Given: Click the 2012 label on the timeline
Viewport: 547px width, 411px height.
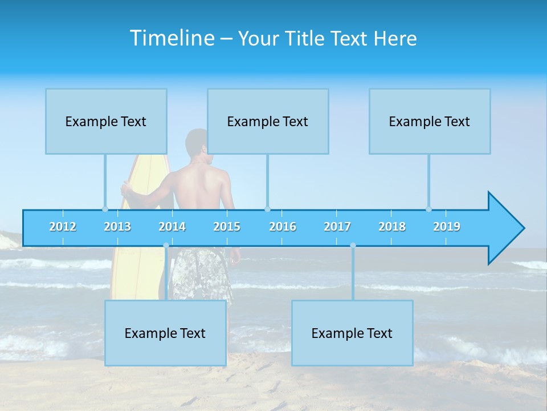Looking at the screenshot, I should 63,227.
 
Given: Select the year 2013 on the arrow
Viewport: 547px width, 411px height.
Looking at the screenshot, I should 117,227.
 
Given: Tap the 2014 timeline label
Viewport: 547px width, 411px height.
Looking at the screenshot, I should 172,227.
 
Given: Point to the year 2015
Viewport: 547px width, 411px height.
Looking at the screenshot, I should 227,227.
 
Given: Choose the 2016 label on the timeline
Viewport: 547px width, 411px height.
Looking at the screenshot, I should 283,227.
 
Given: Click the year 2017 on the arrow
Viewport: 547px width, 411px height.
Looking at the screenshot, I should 337,227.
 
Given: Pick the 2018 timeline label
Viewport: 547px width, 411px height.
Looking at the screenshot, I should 392,227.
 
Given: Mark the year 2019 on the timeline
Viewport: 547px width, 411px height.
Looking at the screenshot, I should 447,227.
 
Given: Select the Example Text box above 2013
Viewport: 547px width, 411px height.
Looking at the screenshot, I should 106,121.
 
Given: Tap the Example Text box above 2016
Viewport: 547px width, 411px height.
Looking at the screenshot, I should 268,121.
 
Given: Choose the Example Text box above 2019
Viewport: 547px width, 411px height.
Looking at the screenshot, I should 430,121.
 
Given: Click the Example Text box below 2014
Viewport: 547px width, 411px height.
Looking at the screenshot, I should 165,333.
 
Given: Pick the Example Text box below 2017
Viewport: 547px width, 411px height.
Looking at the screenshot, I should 352,333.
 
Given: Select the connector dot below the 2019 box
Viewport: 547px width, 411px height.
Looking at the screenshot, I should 428,209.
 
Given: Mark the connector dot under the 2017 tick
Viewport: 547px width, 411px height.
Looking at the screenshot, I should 353,245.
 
